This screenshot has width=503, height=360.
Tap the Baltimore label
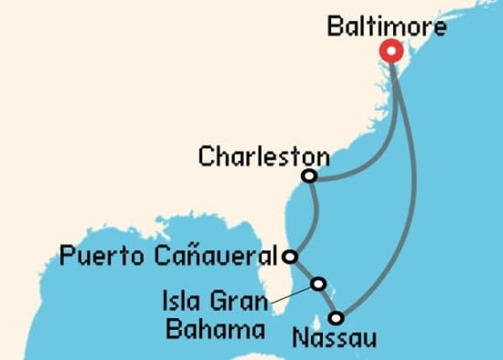click(387, 27)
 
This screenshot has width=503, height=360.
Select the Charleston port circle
click(309, 175)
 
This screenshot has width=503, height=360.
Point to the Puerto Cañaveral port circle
click(290, 257)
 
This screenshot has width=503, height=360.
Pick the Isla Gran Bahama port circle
click(317, 283)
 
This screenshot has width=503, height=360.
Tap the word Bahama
click(209, 327)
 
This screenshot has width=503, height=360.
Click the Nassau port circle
click(337, 318)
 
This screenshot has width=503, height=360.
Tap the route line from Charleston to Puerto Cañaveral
click(314, 215)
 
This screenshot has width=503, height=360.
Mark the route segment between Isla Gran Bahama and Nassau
click(327, 301)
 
